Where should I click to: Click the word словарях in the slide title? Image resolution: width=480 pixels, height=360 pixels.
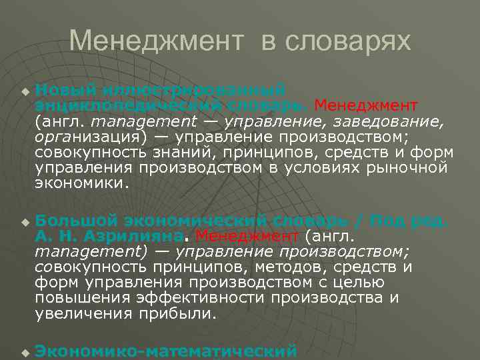(348, 41)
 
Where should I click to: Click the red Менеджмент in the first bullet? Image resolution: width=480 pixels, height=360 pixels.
(366, 105)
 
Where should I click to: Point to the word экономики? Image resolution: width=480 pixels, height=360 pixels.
(79, 183)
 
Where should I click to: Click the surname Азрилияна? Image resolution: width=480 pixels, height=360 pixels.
(133, 236)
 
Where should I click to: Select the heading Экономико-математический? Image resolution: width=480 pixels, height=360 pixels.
(165, 350)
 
